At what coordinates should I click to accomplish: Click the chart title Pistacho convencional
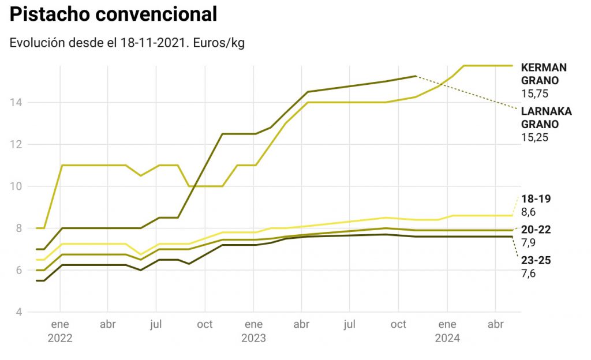(x=113, y=15)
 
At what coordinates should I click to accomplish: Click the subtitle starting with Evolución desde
(x=127, y=43)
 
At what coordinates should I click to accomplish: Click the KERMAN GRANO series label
(x=544, y=74)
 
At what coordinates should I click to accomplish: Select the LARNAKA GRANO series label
(x=546, y=118)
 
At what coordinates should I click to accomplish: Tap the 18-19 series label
(x=536, y=199)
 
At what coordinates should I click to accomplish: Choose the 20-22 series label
(x=536, y=230)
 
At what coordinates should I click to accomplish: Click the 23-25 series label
(x=536, y=260)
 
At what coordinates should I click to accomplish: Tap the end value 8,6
(x=528, y=212)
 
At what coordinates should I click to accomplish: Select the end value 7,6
(x=528, y=273)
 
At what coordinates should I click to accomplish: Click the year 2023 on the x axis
(x=253, y=338)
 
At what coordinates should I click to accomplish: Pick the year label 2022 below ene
(x=60, y=338)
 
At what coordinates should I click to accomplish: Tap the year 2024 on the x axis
(x=447, y=338)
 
